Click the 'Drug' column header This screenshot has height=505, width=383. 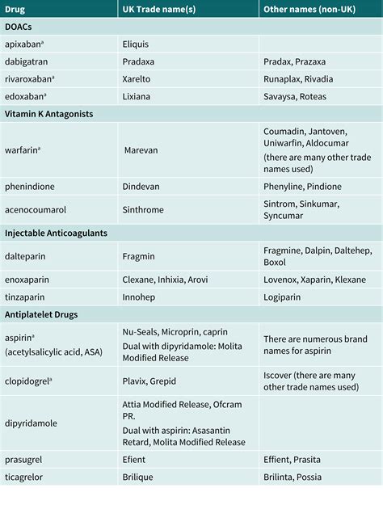pyautogui.click(x=16, y=9)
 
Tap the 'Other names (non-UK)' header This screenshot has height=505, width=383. pyautogui.click(x=309, y=9)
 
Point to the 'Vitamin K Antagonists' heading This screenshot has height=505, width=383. pyautogui.click(x=48, y=114)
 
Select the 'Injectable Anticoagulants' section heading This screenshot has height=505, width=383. pyautogui.click(x=56, y=233)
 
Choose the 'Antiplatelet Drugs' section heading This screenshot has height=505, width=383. pyautogui.click(x=44, y=314)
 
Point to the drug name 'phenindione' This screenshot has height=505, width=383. pyautogui.click(x=29, y=187)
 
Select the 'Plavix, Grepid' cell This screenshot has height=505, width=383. pyautogui.click(x=149, y=381)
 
